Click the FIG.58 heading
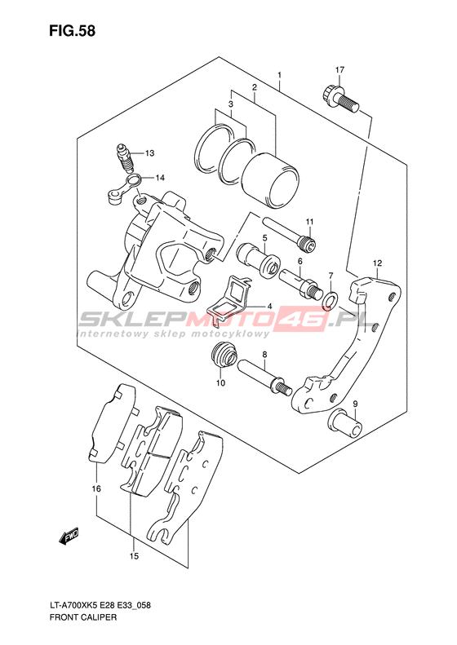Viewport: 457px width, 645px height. [x=72, y=31]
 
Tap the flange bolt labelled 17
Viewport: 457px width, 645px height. [x=339, y=98]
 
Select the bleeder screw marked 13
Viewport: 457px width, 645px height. [x=125, y=158]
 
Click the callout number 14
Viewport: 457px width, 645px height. [x=160, y=178]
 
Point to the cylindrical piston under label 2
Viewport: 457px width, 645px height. [x=271, y=180]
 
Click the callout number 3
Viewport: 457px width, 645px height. [x=231, y=104]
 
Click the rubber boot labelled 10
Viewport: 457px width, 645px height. [x=224, y=355]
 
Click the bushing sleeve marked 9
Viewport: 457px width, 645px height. [x=346, y=424]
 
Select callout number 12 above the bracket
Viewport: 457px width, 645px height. [x=378, y=263]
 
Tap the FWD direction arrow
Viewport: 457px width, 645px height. [x=69, y=537]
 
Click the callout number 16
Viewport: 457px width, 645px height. [x=96, y=488]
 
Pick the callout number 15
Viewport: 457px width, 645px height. [x=134, y=557]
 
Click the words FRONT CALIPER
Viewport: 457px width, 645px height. [x=82, y=617]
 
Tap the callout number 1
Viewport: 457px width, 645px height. [x=279, y=75]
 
